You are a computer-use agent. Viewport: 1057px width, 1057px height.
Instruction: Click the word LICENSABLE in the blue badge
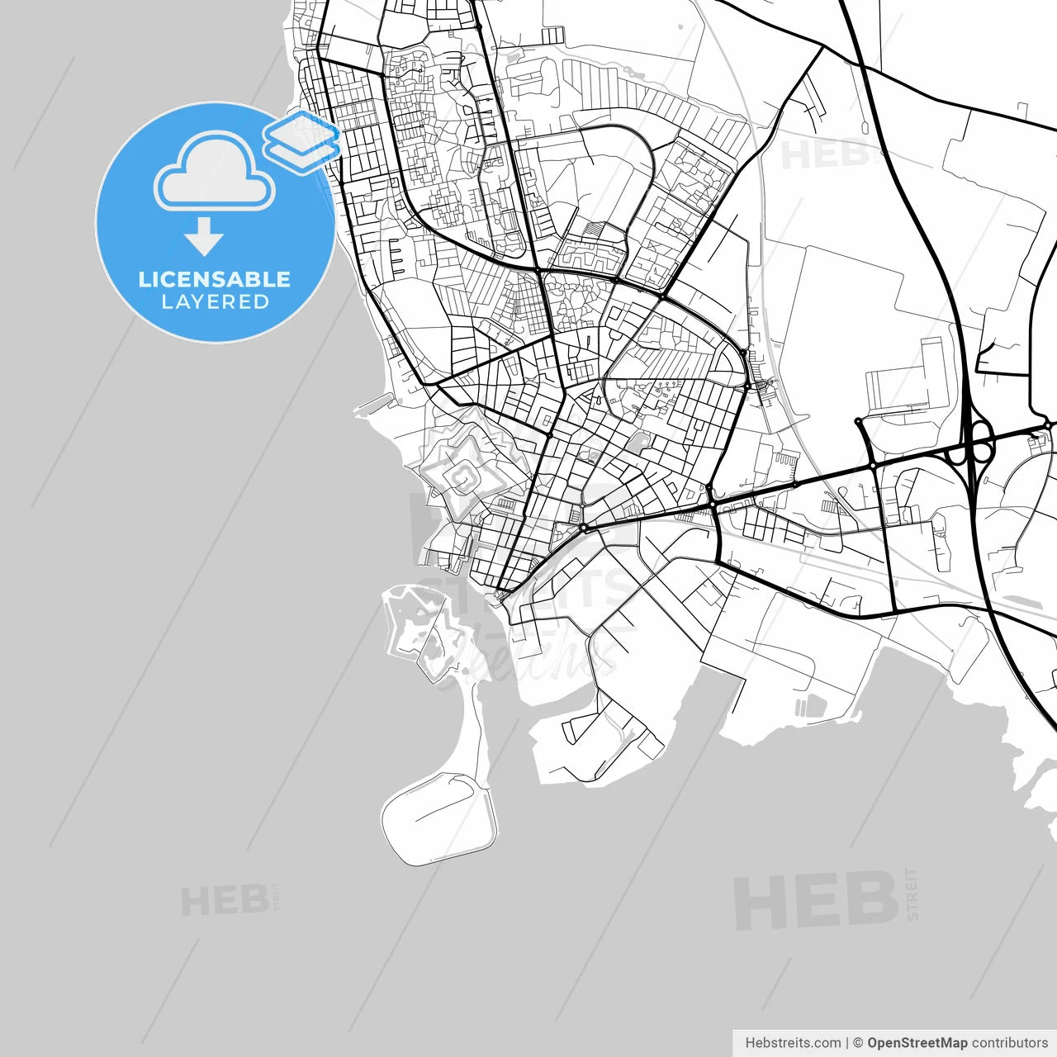(215, 279)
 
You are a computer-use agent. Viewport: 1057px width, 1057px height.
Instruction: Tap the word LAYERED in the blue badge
(215, 302)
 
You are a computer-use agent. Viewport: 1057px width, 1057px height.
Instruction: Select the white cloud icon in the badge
(215, 172)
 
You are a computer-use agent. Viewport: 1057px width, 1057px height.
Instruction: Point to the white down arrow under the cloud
(204, 236)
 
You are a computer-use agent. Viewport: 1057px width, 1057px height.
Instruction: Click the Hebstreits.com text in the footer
(793, 1043)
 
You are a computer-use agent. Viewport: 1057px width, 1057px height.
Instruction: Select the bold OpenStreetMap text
(917, 1043)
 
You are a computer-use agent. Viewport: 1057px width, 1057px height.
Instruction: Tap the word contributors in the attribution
(1010, 1043)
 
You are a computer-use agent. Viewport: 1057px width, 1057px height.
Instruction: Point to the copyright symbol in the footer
(858, 1043)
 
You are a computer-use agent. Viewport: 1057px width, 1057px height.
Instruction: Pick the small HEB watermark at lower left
(225, 900)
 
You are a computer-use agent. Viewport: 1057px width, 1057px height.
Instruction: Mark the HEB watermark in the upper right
(824, 154)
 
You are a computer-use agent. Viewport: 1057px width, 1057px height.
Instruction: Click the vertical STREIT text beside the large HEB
(911, 893)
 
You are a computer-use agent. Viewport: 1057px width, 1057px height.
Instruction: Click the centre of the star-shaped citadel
(462, 476)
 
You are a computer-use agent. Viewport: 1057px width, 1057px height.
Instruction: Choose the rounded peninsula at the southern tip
(438, 818)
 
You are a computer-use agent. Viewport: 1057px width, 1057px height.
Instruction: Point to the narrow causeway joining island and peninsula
(474, 727)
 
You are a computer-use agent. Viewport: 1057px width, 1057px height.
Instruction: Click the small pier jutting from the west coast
(376, 404)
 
